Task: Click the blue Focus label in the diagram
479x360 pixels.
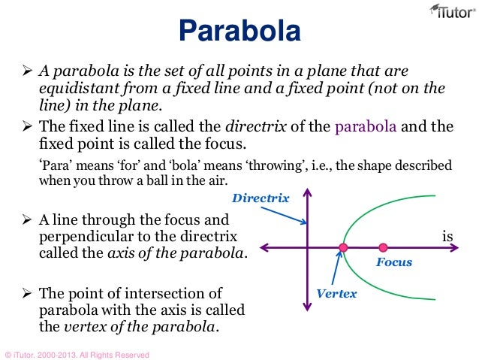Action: pos(393,264)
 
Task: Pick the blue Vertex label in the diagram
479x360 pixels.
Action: pos(336,293)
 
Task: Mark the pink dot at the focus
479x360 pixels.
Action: pos(383,247)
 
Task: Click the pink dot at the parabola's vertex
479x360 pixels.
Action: pos(343,247)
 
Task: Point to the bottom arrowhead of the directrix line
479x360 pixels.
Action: pos(306,305)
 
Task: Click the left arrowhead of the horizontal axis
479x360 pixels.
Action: pos(264,247)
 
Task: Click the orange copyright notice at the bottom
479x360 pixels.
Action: pos(77,354)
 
